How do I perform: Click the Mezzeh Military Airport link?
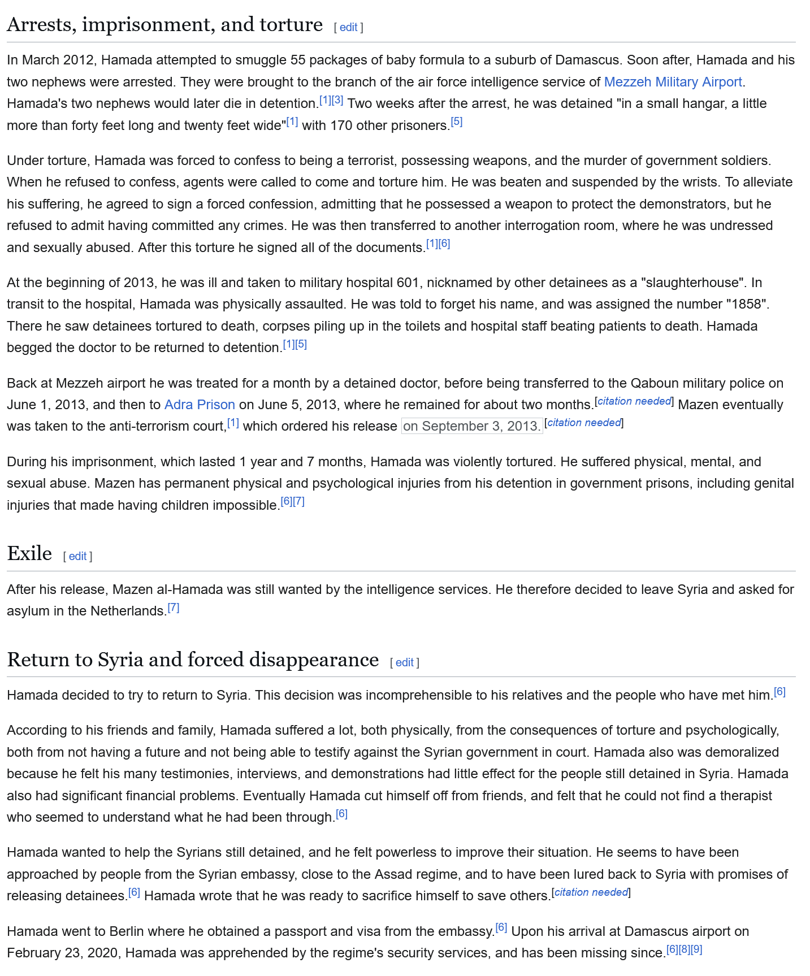point(673,82)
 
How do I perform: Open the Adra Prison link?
point(200,405)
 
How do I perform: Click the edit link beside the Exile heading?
point(77,556)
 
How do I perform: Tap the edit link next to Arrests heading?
point(348,27)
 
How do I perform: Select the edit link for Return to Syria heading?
point(404,662)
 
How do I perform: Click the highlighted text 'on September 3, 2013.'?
point(472,426)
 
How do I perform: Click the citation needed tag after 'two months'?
point(634,401)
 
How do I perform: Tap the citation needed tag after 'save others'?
point(591,892)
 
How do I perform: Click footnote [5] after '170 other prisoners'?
point(457,122)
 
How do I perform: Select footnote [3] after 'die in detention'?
point(337,100)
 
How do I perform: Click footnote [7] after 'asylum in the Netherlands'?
point(174,608)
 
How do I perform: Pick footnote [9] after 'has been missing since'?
point(696,949)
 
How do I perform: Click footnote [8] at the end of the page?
point(684,949)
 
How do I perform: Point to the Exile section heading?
point(29,553)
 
